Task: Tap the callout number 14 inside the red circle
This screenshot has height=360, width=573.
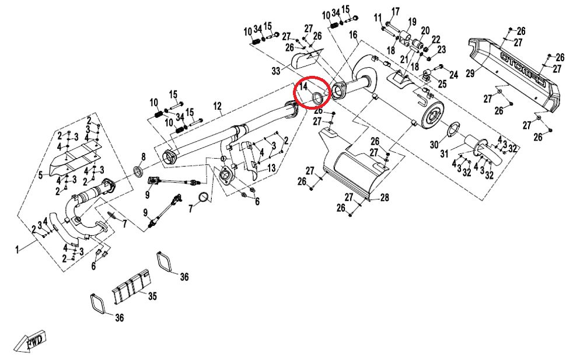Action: click(x=303, y=88)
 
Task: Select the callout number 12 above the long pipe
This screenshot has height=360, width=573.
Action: click(x=218, y=106)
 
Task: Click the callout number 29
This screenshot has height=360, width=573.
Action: click(x=470, y=72)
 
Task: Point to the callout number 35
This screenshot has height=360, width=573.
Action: click(x=152, y=296)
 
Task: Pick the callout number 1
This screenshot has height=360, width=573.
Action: click(x=18, y=249)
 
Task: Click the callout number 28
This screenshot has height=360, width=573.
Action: click(x=385, y=198)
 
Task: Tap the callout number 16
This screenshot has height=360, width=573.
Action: click(x=353, y=36)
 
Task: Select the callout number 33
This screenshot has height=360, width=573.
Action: click(x=275, y=71)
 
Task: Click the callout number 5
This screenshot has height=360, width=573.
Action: click(x=40, y=174)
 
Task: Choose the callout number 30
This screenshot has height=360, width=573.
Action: click(x=434, y=144)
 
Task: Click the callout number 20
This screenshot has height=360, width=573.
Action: click(x=425, y=30)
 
